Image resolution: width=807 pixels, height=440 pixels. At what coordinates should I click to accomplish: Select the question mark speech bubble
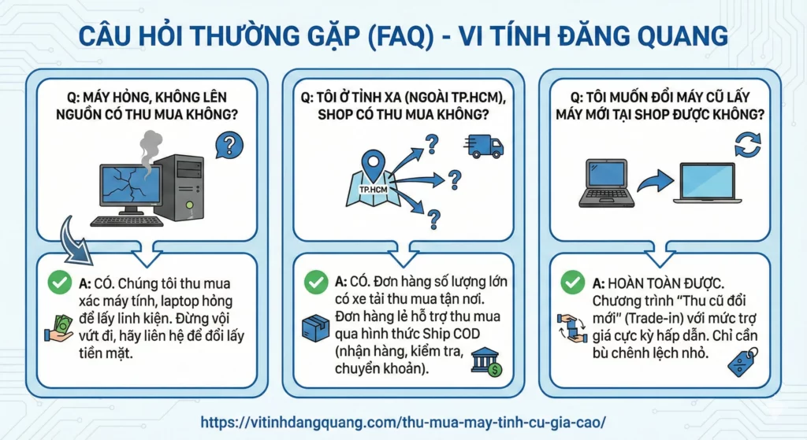click(229, 145)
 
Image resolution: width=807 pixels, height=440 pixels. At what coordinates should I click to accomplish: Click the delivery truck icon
click(484, 146)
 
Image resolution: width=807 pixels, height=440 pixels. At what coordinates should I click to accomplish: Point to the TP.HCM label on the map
click(373, 190)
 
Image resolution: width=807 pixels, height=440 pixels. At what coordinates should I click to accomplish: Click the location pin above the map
click(373, 164)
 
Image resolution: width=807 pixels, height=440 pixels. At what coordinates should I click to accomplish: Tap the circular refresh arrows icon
click(747, 145)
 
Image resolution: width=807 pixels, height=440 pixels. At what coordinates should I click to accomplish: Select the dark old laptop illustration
click(607, 183)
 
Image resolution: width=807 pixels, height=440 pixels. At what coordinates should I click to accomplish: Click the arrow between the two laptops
click(655, 181)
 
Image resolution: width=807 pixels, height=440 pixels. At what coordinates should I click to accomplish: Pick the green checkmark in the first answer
click(60, 283)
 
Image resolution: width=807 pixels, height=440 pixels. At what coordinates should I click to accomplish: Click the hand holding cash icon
click(58, 329)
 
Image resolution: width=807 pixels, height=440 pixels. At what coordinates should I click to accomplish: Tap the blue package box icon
click(315, 328)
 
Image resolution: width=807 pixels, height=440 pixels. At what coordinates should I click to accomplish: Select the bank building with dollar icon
click(486, 362)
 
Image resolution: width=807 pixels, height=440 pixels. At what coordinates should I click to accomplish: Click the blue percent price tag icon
click(743, 362)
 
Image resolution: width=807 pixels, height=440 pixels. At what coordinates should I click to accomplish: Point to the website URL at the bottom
click(403, 423)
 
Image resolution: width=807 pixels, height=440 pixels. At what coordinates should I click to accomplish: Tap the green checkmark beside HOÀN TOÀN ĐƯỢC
click(573, 283)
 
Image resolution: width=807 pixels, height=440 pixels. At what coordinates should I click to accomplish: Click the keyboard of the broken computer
click(127, 221)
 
